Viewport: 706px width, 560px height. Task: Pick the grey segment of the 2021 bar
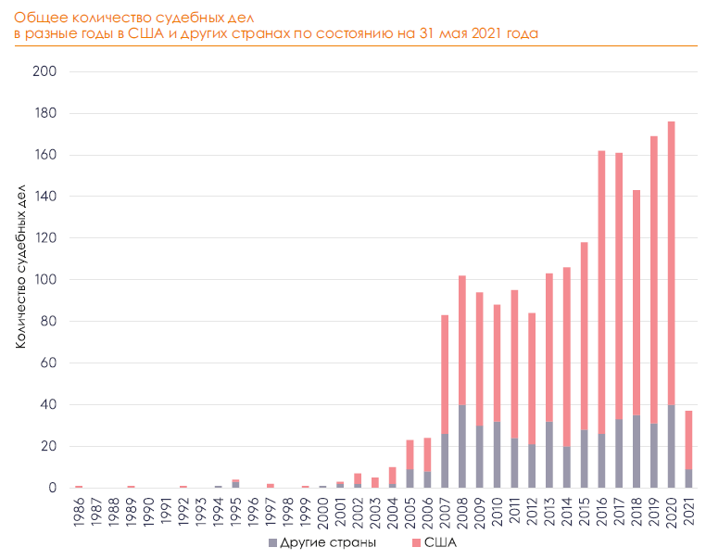coord(687,478)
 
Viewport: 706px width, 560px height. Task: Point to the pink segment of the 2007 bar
coord(445,374)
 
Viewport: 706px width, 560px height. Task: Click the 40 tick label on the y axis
coord(48,405)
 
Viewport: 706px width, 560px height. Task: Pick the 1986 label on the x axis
coord(80,512)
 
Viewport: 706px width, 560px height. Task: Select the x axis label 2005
coord(410,512)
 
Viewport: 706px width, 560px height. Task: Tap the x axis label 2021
coord(688,512)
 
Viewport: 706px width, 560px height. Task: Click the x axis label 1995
coord(236,512)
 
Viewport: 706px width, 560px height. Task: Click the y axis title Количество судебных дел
coord(20,266)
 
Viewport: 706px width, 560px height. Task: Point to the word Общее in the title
coord(38,14)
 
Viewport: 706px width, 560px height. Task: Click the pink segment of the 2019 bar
coord(653,279)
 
